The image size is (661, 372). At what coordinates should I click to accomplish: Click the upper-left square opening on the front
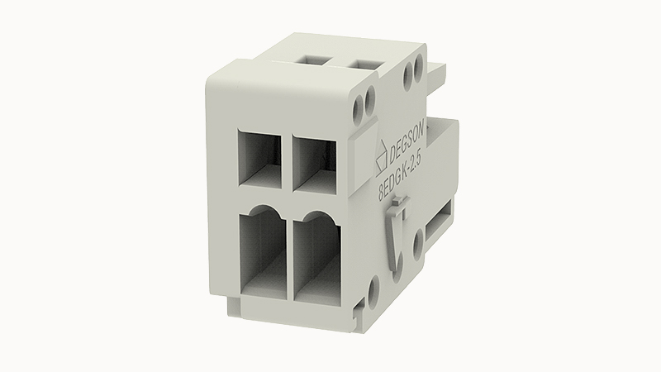[259, 157]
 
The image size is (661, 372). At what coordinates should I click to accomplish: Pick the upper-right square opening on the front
[315, 162]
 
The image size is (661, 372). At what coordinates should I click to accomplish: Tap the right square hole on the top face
[364, 64]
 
